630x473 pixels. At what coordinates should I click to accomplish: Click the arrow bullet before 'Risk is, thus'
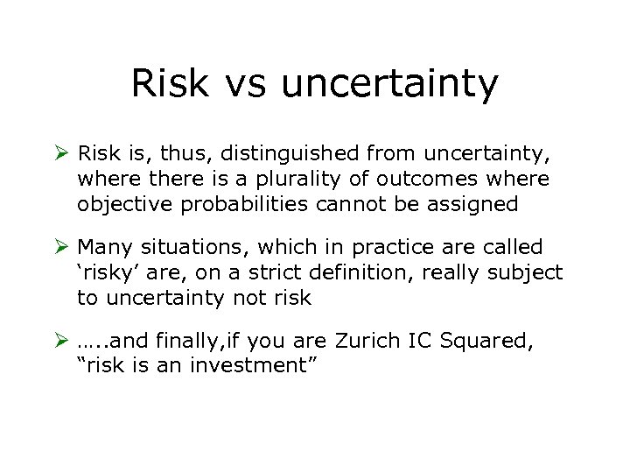click(x=62, y=154)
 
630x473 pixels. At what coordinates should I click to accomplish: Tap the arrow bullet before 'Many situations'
click(x=62, y=248)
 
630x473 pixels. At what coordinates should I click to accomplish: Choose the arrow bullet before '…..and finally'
click(x=62, y=342)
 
